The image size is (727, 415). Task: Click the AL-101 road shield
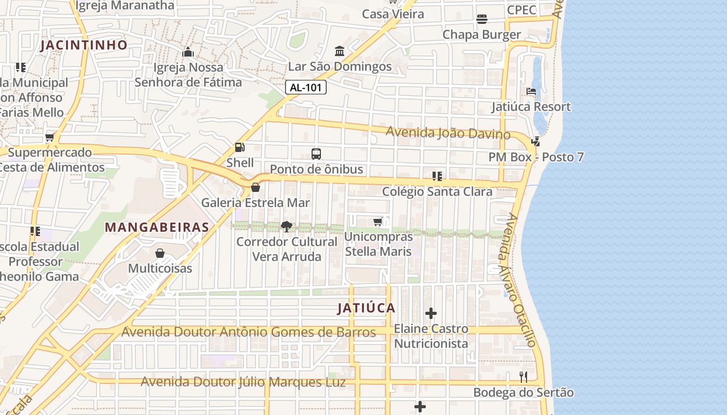click(x=306, y=87)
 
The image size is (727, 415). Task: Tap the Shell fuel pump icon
click(x=239, y=147)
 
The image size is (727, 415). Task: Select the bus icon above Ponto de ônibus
click(x=316, y=154)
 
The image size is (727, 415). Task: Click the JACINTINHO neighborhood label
click(x=84, y=45)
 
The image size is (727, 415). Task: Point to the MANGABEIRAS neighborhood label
click(x=157, y=227)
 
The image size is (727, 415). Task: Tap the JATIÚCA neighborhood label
click(x=367, y=308)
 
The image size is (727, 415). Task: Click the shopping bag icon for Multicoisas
click(x=160, y=253)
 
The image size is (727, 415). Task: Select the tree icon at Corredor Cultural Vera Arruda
click(x=286, y=226)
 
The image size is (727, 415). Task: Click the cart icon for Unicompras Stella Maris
click(x=378, y=222)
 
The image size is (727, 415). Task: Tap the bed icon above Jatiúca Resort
click(x=531, y=91)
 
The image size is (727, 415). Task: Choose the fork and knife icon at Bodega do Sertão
click(x=523, y=377)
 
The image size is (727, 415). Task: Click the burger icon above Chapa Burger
click(x=481, y=19)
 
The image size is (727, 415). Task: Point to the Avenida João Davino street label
click(x=448, y=133)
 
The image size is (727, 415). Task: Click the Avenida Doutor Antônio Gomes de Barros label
click(x=248, y=332)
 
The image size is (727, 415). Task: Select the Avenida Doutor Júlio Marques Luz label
click(x=243, y=382)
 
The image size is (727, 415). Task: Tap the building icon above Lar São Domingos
click(x=340, y=51)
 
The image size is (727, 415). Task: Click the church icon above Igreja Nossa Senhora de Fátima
click(x=188, y=52)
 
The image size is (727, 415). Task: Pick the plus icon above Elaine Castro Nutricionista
click(x=431, y=313)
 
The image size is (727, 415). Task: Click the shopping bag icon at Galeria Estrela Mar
click(x=255, y=187)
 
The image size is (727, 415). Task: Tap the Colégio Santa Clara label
click(x=437, y=191)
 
